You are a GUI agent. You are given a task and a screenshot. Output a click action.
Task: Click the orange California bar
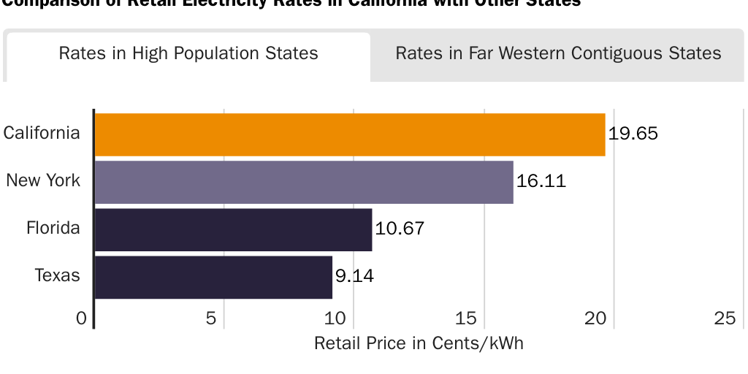pyautogui.click(x=350, y=134)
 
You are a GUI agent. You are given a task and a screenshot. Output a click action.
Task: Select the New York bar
pyautogui.click(x=304, y=182)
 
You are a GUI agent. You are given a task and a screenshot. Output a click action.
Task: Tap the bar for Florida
pyautogui.click(x=233, y=229)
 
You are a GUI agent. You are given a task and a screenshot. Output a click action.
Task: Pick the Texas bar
pyautogui.click(x=213, y=277)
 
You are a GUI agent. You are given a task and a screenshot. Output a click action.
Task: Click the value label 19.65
pyautogui.click(x=633, y=134)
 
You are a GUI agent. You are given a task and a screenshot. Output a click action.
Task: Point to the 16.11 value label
pyautogui.click(x=541, y=181)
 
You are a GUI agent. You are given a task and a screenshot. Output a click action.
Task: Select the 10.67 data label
pyautogui.click(x=400, y=229)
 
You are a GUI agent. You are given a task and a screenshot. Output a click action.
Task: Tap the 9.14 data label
pyautogui.click(x=355, y=276)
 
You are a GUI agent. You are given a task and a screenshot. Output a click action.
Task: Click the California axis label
pyautogui.click(x=42, y=133)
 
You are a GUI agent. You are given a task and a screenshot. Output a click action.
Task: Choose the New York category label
pyautogui.click(x=43, y=180)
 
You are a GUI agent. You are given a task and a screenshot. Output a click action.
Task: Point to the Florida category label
pyautogui.click(x=53, y=228)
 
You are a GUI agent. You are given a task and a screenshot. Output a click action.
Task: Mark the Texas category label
pyautogui.click(x=58, y=275)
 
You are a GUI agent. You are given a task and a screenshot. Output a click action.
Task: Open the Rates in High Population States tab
pyautogui.click(x=188, y=54)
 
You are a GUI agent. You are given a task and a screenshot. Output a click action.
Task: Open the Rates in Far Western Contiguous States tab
pyautogui.click(x=558, y=54)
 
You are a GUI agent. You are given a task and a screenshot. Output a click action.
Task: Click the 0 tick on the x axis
pyautogui.click(x=81, y=318)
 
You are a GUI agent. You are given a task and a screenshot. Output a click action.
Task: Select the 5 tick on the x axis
pyautogui.click(x=211, y=318)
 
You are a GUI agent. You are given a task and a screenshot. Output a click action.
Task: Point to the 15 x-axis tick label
pyautogui.click(x=466, y=318)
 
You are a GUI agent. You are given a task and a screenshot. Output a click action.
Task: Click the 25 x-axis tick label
pyautogui.click(x=725, y=318)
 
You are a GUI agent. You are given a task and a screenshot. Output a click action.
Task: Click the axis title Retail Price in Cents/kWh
pyautogui.click(x=419, y=343)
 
